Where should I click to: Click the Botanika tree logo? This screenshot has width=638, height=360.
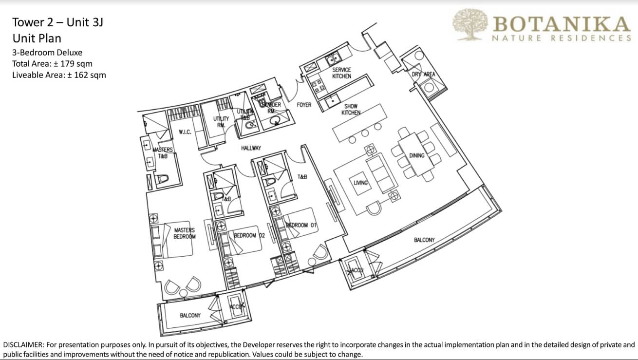pyautogui.click(x=470, y=25)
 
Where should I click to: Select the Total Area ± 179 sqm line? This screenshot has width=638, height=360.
pyautogui.click(x=52, y=64)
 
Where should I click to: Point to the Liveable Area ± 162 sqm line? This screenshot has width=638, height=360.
pyautogui.click(x=58, y=75)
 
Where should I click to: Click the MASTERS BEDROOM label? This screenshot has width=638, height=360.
pyautogui.click(x=185, y=233)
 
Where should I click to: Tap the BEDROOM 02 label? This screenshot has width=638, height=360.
pyautogui.click(x=249, y=236)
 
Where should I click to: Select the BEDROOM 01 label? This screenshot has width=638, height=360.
pyautogui.click(x=301, y=225)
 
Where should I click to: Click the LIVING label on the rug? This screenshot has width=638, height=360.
pyautogui.click(x=360, y=183)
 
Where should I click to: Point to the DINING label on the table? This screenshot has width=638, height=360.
pyautogui.click(x=417, y=156)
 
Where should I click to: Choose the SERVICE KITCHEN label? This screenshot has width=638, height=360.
pyautogui.click(x=341, y=73)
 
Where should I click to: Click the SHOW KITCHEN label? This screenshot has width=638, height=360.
pyautogui.click(x=351, y=110)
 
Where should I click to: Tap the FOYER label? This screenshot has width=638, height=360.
pyautogui.click(x=304, y=105)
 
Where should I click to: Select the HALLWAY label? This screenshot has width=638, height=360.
pyautogui.click(x=251, y=148)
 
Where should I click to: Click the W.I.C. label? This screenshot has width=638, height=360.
pyautogui.click(x=185, y=132)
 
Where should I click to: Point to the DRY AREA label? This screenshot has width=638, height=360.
pyautogui.click(x=423, y=75)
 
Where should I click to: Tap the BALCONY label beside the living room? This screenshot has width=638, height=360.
pyautogui.click(x=424, y=240)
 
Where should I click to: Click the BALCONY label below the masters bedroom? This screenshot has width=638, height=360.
pyautogui.click(x=190, y=316)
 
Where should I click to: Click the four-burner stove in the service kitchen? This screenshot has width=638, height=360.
pyautogui.click(x=315, y=86)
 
